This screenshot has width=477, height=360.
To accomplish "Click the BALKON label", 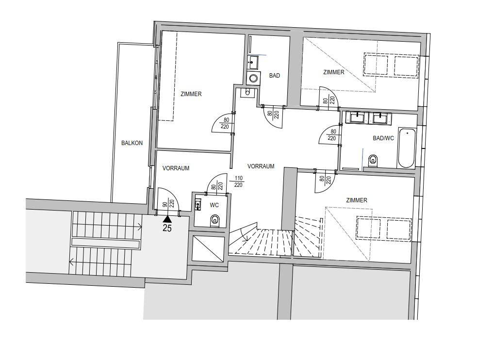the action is (132, 143).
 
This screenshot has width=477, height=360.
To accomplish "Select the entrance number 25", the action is (167, 228).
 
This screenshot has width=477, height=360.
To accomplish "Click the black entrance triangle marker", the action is (167, 219).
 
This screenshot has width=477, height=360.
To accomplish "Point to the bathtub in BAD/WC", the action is (406, 148).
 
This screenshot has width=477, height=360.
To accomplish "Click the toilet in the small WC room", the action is (214, 221).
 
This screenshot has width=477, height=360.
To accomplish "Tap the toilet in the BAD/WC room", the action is (373, 160).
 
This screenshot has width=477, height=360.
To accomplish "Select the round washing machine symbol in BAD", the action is (253, 79).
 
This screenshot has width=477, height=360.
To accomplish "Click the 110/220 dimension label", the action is (239, 181).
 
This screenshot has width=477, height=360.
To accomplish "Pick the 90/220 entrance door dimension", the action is (168, 204).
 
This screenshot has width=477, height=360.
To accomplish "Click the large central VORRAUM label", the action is (261, 166).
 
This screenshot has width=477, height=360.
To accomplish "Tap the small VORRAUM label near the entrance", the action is (176, 168).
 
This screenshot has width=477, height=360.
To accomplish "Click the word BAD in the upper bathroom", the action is (275, 76).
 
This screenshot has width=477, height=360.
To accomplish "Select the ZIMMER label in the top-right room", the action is (334, 72).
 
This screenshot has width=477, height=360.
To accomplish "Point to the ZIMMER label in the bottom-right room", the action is (357, 200).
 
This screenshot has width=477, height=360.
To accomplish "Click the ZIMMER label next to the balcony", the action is (191, 94).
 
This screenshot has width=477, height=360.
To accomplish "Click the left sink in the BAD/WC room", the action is (357, 117).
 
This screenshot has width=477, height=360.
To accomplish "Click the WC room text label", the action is (214, 205).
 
